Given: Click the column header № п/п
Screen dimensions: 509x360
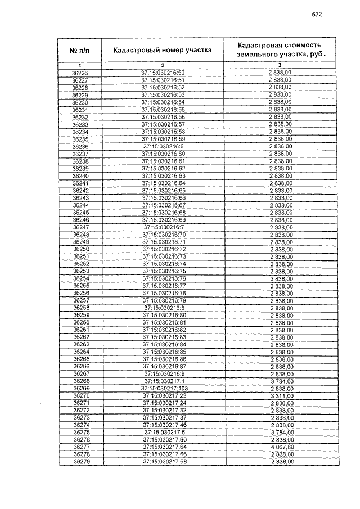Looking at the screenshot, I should click(80, 50).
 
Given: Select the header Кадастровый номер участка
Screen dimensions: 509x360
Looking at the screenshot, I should click(163, 50).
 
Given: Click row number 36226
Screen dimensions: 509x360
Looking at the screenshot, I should click(80, 73).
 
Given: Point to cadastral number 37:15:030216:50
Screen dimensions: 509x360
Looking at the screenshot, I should click(163, 73).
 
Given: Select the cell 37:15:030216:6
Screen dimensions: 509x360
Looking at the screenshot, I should click(163, 146).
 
